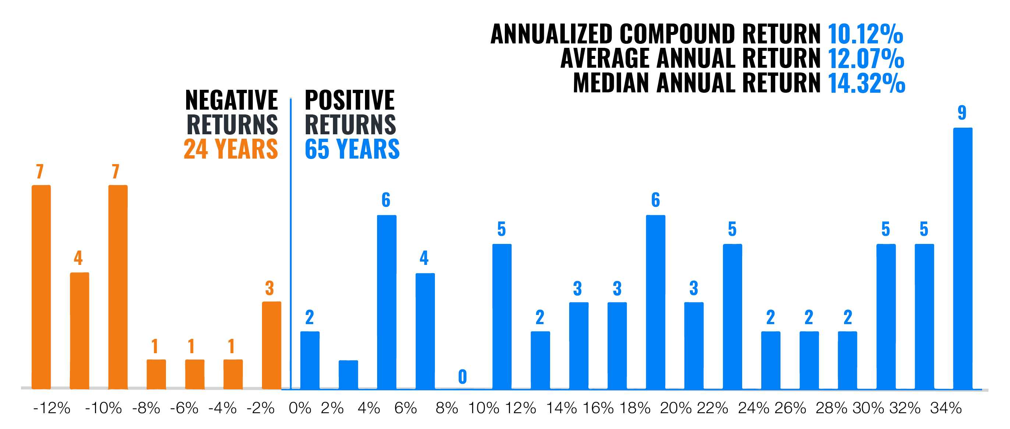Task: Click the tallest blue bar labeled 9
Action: pos(963,259)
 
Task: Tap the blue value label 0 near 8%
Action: pos(462,377)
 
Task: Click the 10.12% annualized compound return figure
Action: pos(865,34)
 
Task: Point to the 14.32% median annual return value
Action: pos(866,83)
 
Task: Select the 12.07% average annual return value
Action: pos(866,59)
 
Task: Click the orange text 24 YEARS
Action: pos(231,149)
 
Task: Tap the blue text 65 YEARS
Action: pos(352,149)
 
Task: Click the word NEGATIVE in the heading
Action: pos(231,100)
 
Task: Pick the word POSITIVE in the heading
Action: pos(349,100)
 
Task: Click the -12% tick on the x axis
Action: pos(52,408)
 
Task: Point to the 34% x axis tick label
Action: pos(946,408)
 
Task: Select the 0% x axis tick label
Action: pos(300,408)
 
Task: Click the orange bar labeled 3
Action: pos(271,345)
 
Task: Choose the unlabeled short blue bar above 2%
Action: pos(348,375)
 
